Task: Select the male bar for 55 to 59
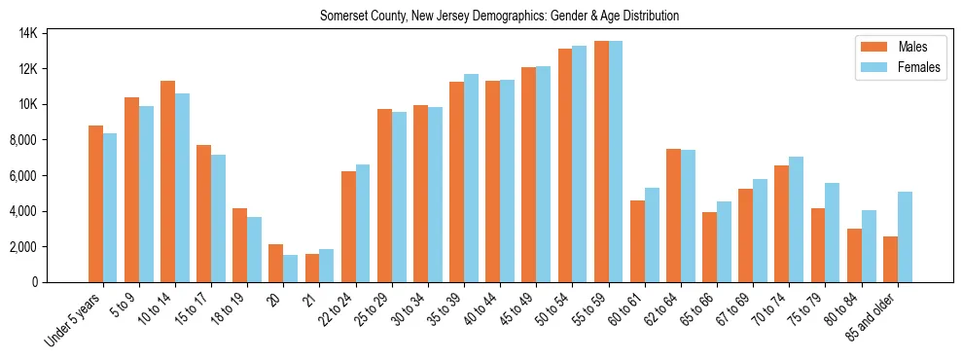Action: point(601,162)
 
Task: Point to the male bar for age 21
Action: point(312,268)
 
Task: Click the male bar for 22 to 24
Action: point(348,227)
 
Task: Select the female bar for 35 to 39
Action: point(472,178)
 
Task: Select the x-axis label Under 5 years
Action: point(72,319)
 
